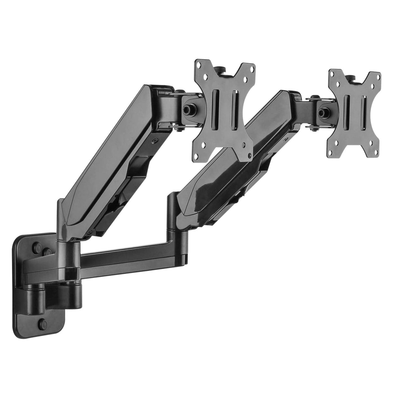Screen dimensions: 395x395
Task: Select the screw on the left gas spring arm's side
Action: click(156, 141)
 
